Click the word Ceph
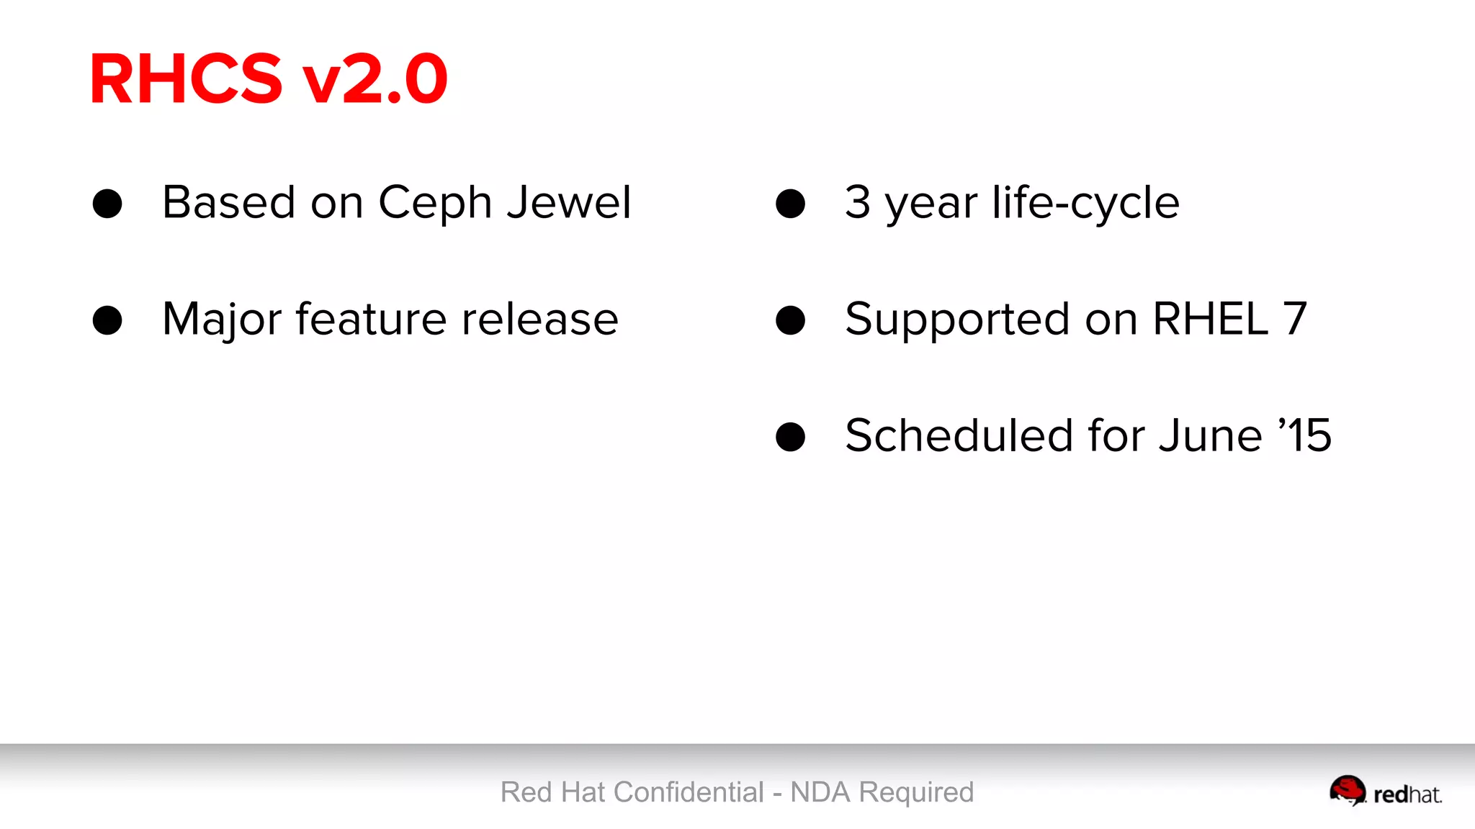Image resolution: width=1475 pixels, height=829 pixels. (x=435, y=204)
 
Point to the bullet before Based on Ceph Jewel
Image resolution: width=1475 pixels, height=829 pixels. (x=107, y=204)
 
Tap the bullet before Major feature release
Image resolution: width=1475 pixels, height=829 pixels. (x=107, y=320)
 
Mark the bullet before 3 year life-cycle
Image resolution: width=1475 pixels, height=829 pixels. (x=790, y=204)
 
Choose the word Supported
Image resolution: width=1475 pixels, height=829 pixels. (x=957, y=320)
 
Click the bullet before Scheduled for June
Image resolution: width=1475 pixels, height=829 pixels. (x=790, y=437)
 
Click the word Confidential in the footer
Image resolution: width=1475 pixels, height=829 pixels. (x=689, y=792)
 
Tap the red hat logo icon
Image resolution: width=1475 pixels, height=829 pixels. (x=1347, y=790)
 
